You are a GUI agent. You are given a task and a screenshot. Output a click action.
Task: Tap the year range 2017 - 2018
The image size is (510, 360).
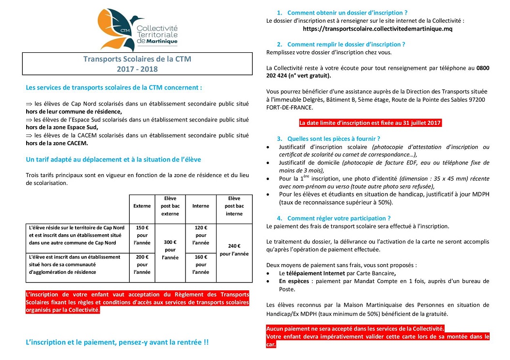137,69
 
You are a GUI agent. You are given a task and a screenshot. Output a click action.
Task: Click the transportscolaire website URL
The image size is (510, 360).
377,29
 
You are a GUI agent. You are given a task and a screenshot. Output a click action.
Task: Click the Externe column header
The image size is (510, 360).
142,206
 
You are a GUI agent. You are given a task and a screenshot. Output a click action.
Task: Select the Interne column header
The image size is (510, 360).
201,206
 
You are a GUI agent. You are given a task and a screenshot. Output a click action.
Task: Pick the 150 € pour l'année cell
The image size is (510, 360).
142,235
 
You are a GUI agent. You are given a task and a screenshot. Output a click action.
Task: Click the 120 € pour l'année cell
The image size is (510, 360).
201,235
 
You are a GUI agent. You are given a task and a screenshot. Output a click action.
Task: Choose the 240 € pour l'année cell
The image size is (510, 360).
234,250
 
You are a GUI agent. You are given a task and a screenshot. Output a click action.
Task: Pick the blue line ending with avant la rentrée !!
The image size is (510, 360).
117,342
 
